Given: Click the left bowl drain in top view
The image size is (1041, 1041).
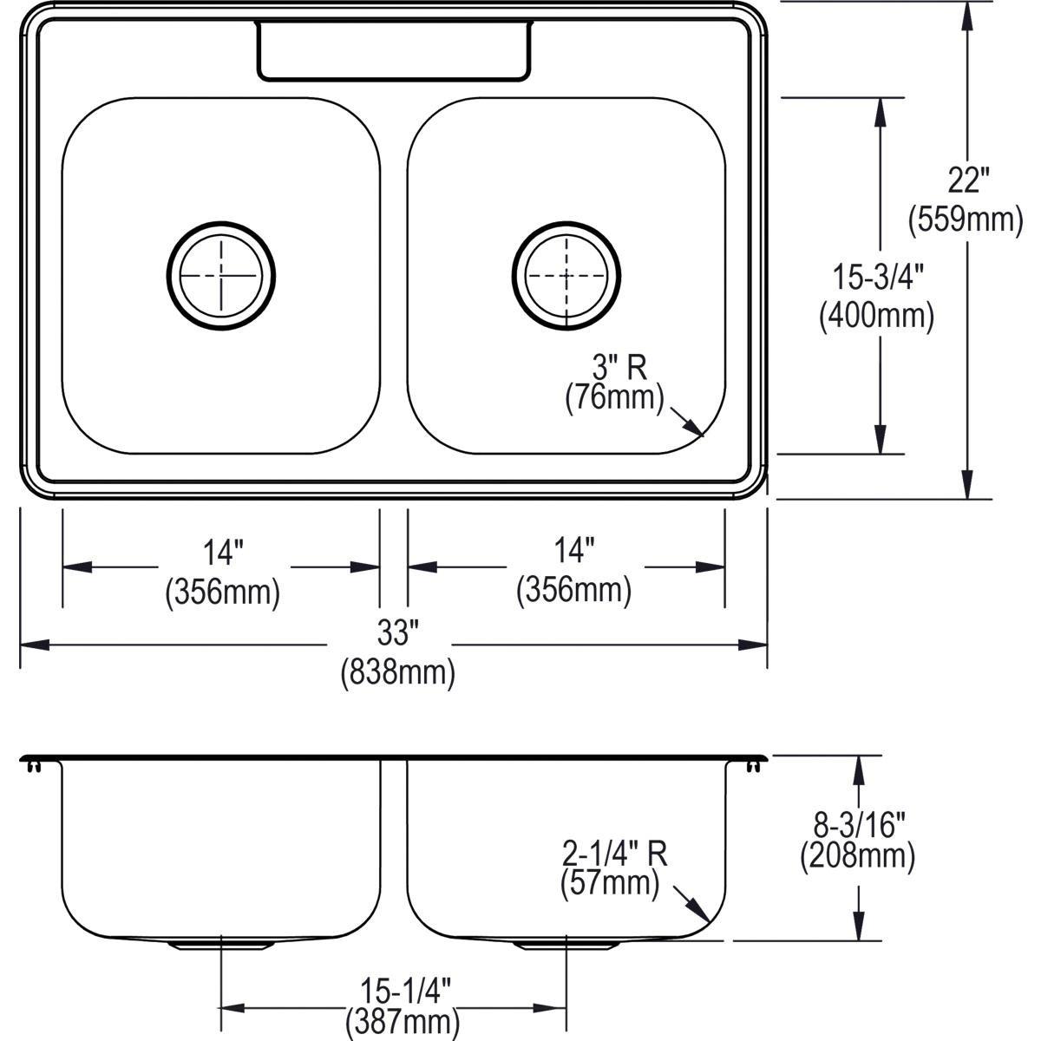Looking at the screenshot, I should (220, 276).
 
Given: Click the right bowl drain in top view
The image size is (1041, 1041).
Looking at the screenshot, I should (566, 276).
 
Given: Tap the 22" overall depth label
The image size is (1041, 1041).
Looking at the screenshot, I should (967, 181).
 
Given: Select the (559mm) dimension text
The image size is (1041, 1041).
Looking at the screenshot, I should (966, 219).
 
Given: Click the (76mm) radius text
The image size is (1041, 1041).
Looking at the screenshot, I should (614, 400).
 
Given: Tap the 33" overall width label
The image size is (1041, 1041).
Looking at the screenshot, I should (393, 634).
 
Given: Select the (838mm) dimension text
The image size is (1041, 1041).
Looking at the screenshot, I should (397, 672).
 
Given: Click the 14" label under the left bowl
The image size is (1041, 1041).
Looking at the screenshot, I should (222, 553).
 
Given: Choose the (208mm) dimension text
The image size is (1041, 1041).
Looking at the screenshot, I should (857, 856).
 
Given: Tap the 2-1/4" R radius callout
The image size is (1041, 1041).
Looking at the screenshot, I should (614, 854).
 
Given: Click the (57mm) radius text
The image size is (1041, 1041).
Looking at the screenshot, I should (610, 885).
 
